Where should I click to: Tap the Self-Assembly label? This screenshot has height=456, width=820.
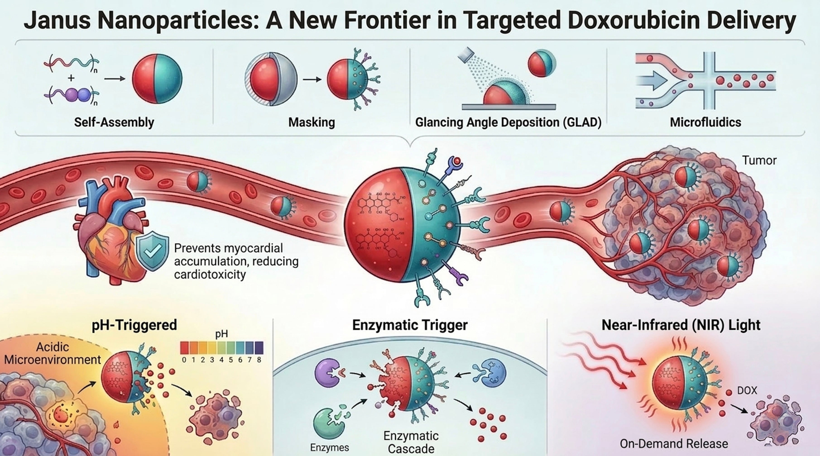tap(114, 122)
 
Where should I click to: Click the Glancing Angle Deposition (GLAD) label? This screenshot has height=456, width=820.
tap(508, 122)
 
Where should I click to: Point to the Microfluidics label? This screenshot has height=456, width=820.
tap(705, 122)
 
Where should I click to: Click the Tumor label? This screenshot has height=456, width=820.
tap(759, 160)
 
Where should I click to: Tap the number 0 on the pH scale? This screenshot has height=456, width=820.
tap(184, 360)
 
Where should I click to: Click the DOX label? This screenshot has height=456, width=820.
tap(747, 390)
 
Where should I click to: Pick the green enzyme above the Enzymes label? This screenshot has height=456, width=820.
tap(328, 423)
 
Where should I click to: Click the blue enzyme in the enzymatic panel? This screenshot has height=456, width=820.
tap(492, 373)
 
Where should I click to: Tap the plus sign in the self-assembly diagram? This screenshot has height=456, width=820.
tap(71, 78)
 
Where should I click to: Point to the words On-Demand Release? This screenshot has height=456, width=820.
tap(674, 444)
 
